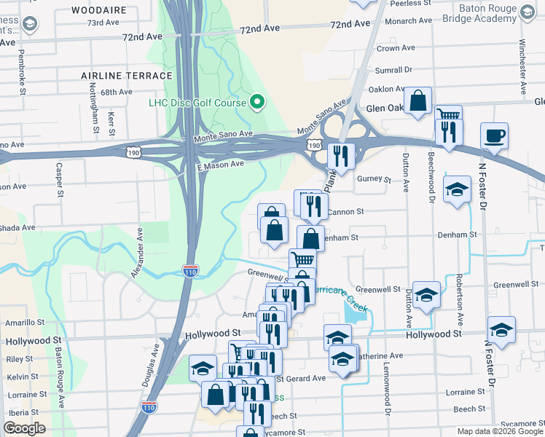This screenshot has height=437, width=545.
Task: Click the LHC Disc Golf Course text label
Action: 197,103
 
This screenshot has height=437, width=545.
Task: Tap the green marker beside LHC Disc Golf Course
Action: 256,102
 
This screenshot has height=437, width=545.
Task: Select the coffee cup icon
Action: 494,135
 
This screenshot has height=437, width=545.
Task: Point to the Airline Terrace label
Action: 127,75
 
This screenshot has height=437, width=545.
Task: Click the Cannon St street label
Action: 345,212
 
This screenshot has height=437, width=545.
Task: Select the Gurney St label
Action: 374,179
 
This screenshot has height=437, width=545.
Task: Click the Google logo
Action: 24,428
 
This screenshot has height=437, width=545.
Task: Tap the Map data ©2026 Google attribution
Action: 499,431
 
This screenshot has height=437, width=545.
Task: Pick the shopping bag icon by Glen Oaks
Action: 418,101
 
